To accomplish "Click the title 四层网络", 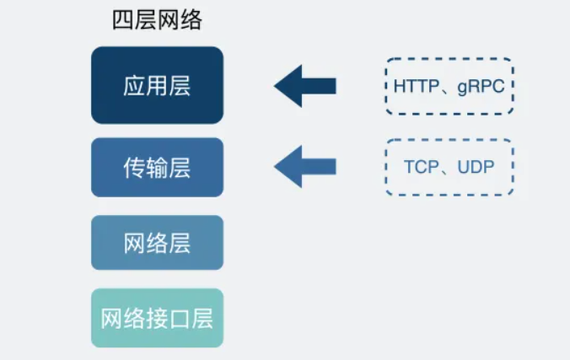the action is point(157,21).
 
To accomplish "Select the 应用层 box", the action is point(157,84).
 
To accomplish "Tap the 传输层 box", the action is point(157,167).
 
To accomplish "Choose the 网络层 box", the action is point(157,243).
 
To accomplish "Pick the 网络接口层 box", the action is point(157,318).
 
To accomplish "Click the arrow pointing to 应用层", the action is point(305,85).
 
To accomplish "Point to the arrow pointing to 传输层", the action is point(305,166).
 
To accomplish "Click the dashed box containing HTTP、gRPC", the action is point(449,86).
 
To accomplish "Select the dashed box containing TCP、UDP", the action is point(449,167).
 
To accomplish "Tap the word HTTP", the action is point(411,86).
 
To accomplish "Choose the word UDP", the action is point(475,167).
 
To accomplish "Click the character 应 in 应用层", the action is point(134,85).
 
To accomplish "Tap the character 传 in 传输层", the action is point(134,167).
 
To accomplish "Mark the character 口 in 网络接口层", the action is point(179,319).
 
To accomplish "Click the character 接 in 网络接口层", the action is point(157,319).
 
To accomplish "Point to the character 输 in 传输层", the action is point(157,167).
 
